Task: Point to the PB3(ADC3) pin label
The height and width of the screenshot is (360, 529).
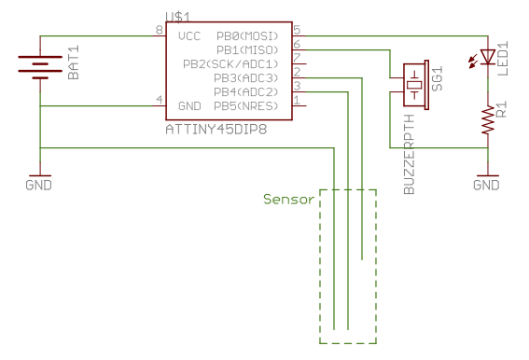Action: coord(246,77)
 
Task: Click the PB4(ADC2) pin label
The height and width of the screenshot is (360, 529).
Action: coord(246,91)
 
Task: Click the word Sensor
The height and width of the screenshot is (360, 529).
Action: coord(288,199)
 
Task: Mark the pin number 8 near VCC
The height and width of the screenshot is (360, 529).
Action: coord(160,31)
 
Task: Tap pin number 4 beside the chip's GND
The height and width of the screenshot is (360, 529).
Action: coord(160,100)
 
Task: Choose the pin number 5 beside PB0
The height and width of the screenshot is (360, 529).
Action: coord(297,30)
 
